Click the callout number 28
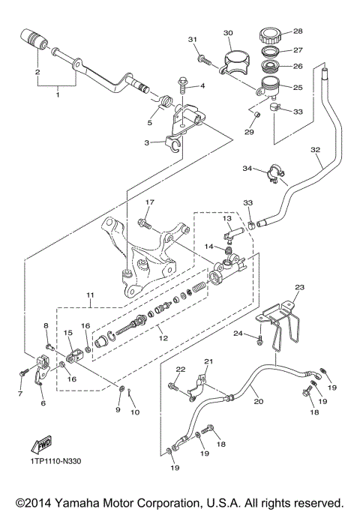[298, 31]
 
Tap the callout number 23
[300, 287]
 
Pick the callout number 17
[149, 202]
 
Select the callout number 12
[161, 338]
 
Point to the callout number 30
[229, 32]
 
